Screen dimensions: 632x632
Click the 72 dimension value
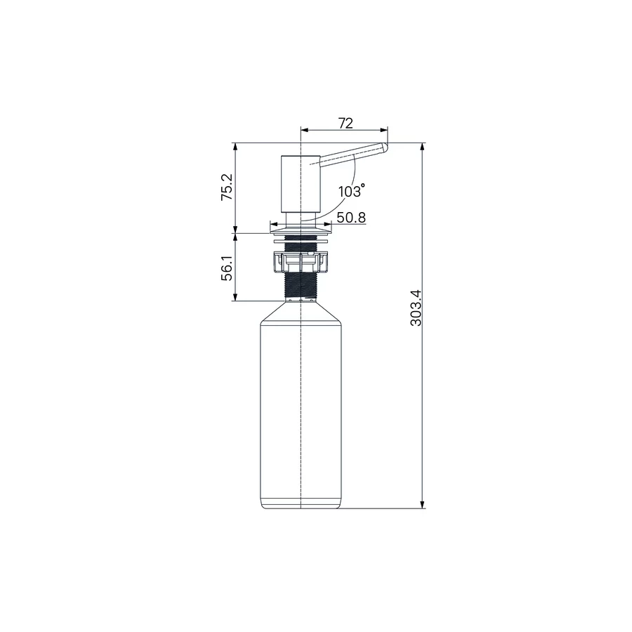(x=345, y=123)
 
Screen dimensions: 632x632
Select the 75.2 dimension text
(x=226, y=187)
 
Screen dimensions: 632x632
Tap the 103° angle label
(x=351, y=191)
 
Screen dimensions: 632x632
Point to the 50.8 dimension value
(x=350, y=218)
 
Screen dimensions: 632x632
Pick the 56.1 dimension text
(x=226, y=268)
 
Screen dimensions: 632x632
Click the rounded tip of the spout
(x=384, y=147)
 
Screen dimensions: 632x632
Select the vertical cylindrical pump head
(x=301, y=183)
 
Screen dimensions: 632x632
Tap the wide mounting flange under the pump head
(x=301, y=228)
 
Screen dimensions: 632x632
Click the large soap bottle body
(x=301, y=407)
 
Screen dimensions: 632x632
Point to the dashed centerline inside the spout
(x=344, y=157)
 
